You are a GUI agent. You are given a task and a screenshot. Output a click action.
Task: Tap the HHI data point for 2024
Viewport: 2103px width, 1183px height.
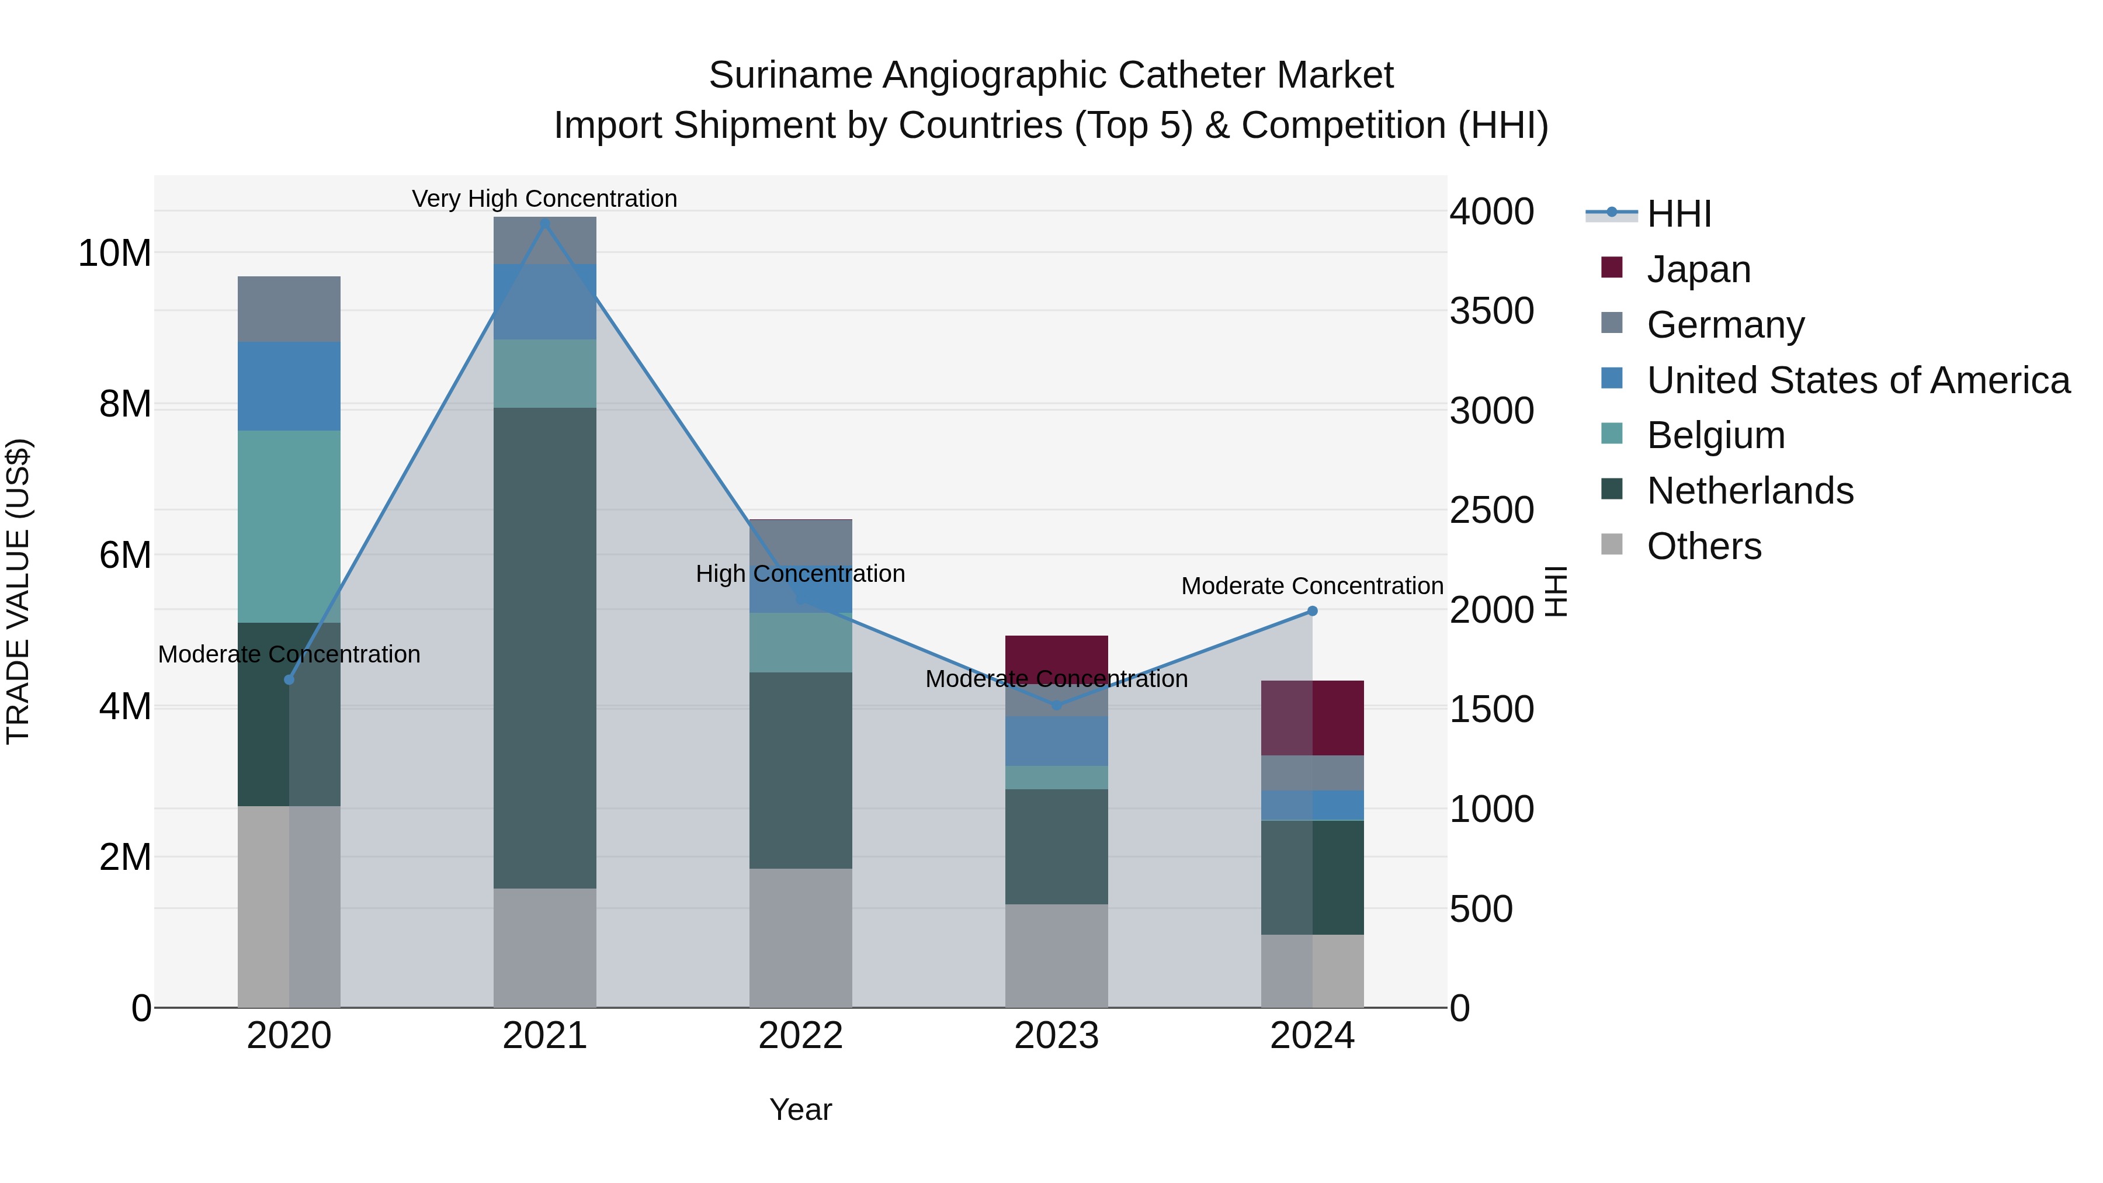(1312, 610)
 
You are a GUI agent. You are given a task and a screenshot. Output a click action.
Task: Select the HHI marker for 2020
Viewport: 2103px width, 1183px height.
(289, 679)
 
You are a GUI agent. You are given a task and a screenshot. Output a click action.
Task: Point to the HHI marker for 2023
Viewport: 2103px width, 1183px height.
(1056, 705)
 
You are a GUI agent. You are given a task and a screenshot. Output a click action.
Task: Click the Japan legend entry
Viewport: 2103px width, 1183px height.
(1698, 269)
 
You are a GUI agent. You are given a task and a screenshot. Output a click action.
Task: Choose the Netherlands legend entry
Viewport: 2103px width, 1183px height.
(1750, 491)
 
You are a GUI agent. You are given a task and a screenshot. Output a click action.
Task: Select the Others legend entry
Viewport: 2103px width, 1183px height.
(1704, 546)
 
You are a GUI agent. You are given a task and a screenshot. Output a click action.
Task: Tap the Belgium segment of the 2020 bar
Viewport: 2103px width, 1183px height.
(289, 526)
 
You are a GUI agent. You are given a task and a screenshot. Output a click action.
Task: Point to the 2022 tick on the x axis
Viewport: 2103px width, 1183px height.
(801, 1036)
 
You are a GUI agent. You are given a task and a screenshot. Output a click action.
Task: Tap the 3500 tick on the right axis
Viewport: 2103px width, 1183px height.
(1491, 311)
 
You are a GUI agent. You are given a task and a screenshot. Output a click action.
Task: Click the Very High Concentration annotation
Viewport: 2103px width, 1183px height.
(544, 199)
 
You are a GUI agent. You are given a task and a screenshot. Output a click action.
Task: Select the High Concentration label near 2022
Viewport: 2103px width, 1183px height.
(800, 574)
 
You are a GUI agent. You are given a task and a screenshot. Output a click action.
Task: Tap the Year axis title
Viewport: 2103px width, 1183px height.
(801, 1109)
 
